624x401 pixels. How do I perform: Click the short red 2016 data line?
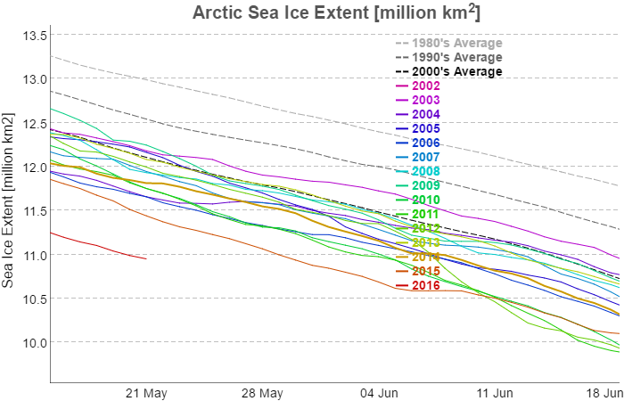(98, 245)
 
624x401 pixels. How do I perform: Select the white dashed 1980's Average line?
(267, 106)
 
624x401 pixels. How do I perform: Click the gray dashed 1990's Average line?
(267, 142)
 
